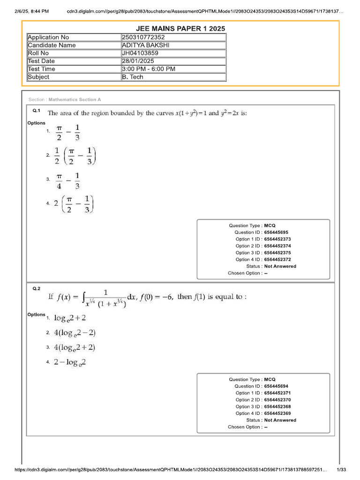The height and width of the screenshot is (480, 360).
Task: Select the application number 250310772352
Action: (143, 37)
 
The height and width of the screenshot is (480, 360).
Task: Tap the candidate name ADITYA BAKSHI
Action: (145, 45)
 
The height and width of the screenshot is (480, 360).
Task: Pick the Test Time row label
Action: (41, 69)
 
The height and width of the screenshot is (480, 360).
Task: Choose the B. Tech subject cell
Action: (133, 77)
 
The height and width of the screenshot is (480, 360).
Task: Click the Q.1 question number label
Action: (37, 111)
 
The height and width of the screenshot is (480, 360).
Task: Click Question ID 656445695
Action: (276, 232)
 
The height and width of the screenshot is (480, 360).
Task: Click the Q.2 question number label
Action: (37, 289)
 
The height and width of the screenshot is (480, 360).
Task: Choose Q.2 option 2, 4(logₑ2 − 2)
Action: (75, 333)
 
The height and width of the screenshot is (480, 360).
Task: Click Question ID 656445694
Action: (276, 386)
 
